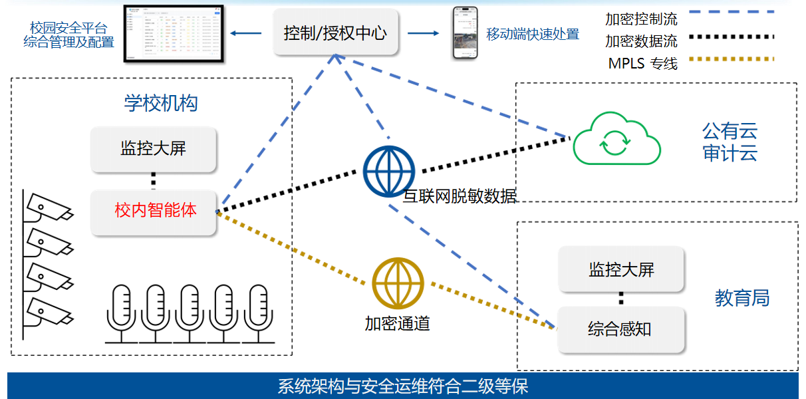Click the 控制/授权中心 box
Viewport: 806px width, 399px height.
[x=336, y=33]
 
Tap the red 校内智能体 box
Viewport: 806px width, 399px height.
[x=154, y=211]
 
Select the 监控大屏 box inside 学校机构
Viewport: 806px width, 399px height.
[x=154, y=148]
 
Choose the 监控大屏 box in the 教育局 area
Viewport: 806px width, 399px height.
[x=621, y=269]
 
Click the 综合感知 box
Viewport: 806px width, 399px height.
[x=621, y=329]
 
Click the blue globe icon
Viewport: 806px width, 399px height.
[x=389, y=171]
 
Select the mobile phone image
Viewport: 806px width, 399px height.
[x=465, y=33]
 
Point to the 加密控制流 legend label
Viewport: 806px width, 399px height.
[x=641, y=19]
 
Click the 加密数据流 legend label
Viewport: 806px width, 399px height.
[x=641, y=41]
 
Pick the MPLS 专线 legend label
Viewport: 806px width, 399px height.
[x=642, y=64]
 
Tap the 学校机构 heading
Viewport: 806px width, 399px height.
[x=161, y=103]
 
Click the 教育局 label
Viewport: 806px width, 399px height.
[x=742, y=298]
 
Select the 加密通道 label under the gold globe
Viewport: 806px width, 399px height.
[x=397, y=324]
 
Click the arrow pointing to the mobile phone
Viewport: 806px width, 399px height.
[x=424, y=33]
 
